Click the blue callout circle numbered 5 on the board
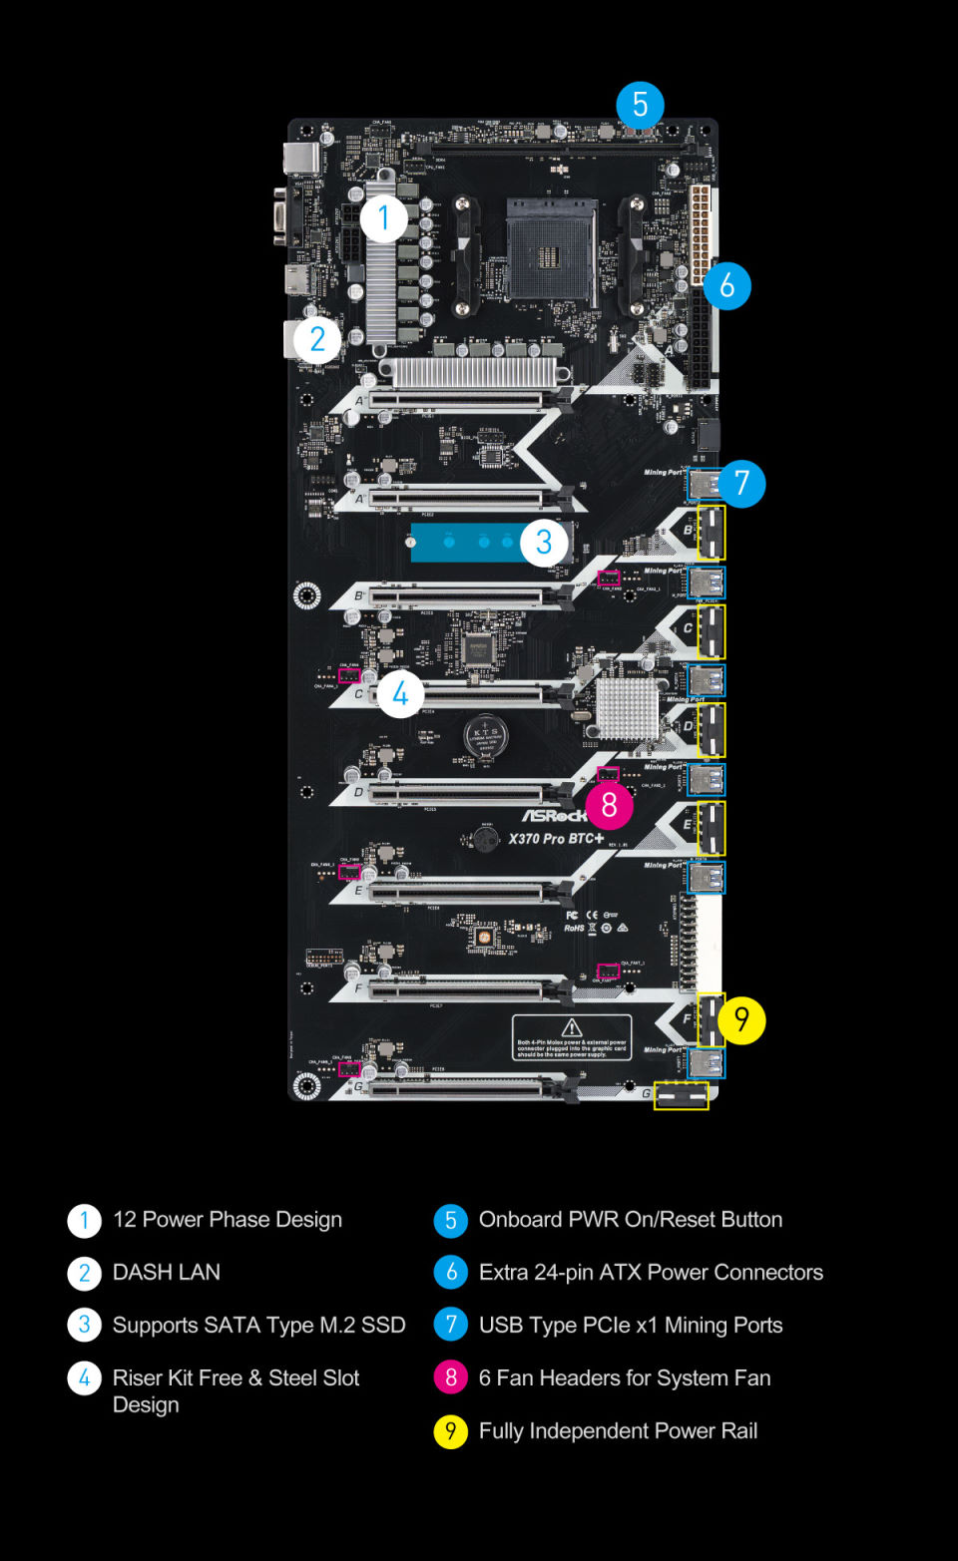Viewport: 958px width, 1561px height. pyautogui.click(x=640, y=105)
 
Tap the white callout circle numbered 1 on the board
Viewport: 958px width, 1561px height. pyautogui.click(x=383, y=218)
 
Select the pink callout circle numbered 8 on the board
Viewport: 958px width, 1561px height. pyautogui.click(x=609, y=805)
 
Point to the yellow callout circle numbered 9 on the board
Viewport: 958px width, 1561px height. pyautogui.click(x=741, y=1019)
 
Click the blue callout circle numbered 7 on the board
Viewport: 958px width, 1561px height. pyautogui.click(x=741, y=484)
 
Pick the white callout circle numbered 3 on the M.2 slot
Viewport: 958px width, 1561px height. pyautogui.click(x=544, y=543)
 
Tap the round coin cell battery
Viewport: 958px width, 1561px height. pyautogui.click(x=486, y=737)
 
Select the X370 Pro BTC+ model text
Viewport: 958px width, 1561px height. pyautogui.click(x=556, y=839)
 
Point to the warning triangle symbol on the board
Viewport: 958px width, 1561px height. pyautogui.click(x=572, y=1027)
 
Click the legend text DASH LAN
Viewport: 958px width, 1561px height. pyautogui.click(x=167, y=1272)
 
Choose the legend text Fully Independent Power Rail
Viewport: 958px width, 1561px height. pyautogui.click(x=618, y=1431)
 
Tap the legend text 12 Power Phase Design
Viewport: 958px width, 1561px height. pyautogui.click(x=228, y=1219)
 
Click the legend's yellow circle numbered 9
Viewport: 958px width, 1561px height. pyautogui.click(x=451, y=1431)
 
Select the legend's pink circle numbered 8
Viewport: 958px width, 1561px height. pyautogui.click(x=451, y=1377)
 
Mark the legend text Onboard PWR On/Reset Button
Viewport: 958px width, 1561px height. pyautogui.click(x=630, y=1219)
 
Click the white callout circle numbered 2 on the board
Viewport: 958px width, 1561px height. pyautogui.click(x=317, y=339)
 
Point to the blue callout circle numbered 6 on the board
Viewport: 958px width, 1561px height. pyautogui.click(x=726, y=286)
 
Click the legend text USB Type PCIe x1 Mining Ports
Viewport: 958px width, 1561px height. pyautogui.click(x=630, y=1325)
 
